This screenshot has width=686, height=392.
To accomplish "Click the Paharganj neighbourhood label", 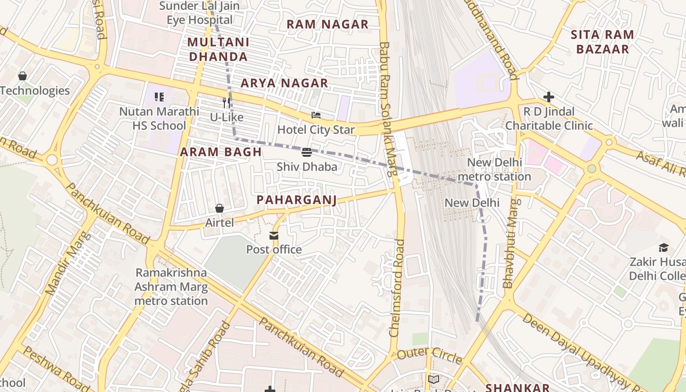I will (x=297, y=200).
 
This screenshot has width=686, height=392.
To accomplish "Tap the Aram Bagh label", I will (x=220, y=152).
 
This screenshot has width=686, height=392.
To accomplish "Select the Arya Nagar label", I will (x=284, y=83).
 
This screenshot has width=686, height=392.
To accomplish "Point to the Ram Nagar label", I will (x=327, y=24).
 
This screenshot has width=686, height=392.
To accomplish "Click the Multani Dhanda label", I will (x=219, y=49).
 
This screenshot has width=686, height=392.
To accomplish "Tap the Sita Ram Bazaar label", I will (x=603, y=42).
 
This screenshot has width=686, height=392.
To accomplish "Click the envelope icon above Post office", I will (x=273, y=236).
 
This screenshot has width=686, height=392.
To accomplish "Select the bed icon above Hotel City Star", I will (x=316, y=116).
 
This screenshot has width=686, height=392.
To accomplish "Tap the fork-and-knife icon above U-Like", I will (x=226, y=103).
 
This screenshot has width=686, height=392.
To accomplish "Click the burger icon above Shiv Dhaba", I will (x=307, y=152).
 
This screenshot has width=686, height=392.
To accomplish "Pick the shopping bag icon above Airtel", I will (x=220, y=209).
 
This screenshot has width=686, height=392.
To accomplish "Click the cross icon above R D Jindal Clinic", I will (x=549, y=97).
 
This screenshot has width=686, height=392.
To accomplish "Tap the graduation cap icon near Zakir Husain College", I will (x=663, y=247).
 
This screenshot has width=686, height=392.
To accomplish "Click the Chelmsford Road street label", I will (x=397, y=288).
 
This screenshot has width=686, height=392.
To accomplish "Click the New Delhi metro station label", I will (x=495, y=170).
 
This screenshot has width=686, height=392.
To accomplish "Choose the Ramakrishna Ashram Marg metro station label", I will (x=171, y=287).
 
